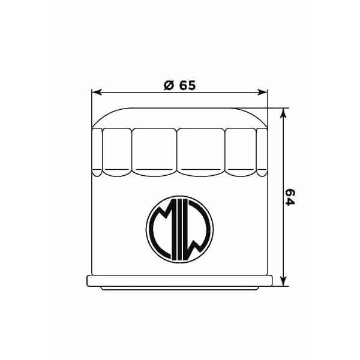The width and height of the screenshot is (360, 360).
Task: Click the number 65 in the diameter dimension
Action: pos(187,85)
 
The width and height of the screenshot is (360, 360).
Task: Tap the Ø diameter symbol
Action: pos(169,85)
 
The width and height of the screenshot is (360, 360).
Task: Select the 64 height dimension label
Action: pos(290,197)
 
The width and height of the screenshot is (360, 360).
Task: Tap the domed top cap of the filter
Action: pos(179,118)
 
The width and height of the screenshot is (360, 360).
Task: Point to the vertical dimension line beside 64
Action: pos(285,156)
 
